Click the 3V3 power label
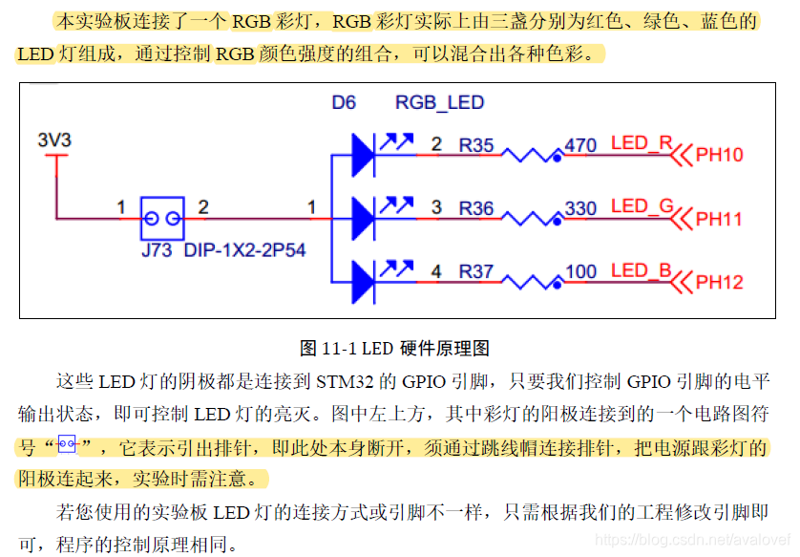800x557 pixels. pyautogui.click(x=54, y=140)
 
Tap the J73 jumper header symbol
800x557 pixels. pyautogui.click(x=162, y=219)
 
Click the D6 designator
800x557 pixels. pyautogui.click(x=344, y=102)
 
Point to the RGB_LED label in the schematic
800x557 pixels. pyautogui.click(x=439, y=102)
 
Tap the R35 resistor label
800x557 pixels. pyautogui.click(x=476, y=145)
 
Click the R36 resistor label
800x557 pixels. pyautogui.click(x=476, y=207)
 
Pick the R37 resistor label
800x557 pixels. pyautogui.click(x=476, y=271)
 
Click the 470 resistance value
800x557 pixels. pyautogui.click(x=580, y=145)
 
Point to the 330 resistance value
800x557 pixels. pyautogui.click(x=580, y=207)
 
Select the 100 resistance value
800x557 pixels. pyautogui.click(x=580, y=271)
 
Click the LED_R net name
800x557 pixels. pyautogui.click(x=642, y=144)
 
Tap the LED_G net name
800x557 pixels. pyautogui.click(x=642, y=206)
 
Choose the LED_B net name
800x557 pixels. pyautogui.click(x=642, y=270)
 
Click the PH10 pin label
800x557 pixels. pyautogui.click(x=719, y=155)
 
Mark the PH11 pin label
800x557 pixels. pyautogui.click(x=719, y=219)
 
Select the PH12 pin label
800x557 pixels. pyautogui.click(x=719, y=283)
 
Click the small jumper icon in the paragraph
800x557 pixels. pyautogui.click(x=66, y=444)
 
